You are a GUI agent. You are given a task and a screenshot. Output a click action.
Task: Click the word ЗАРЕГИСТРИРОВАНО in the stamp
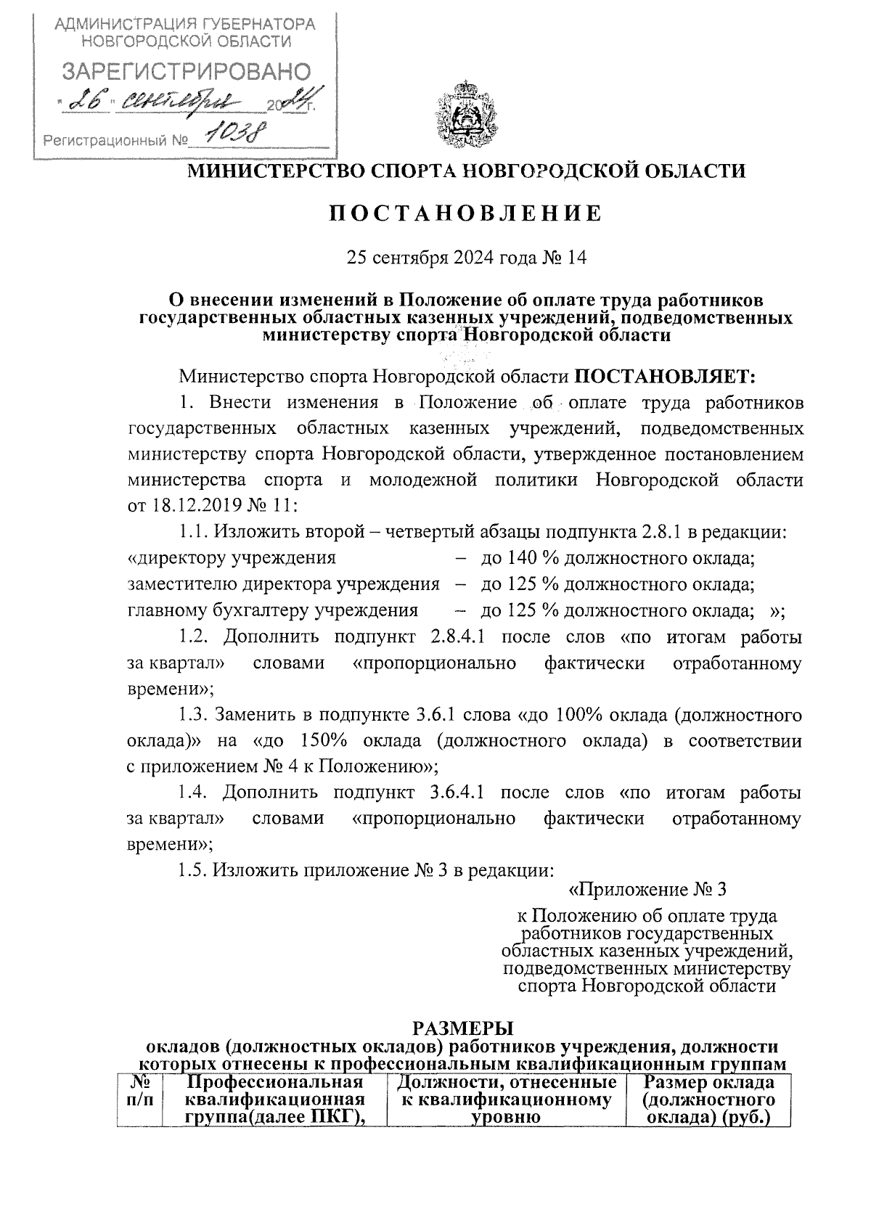186,72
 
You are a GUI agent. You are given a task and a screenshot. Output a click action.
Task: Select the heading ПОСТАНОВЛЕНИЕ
466,213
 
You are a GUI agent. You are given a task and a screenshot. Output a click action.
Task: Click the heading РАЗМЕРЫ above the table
462,1028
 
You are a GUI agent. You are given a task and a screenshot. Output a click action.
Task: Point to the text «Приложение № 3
646,889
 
